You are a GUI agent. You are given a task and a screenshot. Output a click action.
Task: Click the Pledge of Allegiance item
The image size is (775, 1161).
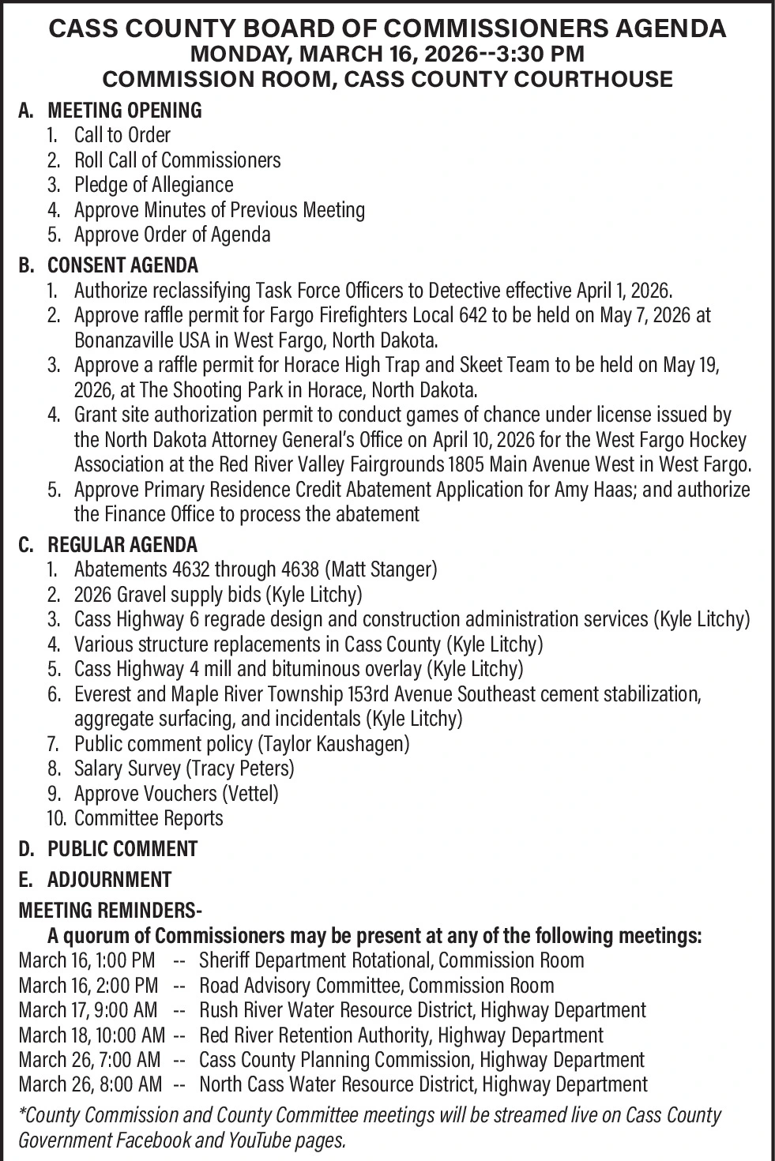click(x=153, y=185)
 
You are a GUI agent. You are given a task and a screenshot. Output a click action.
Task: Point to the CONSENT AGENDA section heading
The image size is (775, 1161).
click(x=122, y=265)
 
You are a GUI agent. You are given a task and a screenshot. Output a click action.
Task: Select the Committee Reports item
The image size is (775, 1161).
click(x=149, y=818)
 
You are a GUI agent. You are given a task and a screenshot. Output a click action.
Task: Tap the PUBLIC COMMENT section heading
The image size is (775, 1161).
click(x=122, y=849)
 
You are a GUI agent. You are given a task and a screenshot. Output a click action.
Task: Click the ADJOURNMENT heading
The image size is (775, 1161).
click(x=109, y=880)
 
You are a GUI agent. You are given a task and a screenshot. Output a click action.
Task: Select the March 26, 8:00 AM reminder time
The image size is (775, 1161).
click(x=90, y=1085)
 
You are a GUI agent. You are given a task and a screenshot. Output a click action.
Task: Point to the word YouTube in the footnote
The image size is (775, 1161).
click(x=263, y=1140)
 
